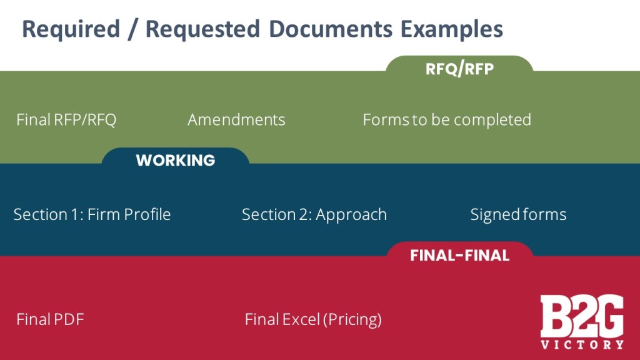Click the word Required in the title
coord(70,29)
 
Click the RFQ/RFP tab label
coord(459,69)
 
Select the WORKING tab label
coord(176,161)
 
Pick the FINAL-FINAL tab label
coord(459,255)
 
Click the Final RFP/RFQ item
coord(66,119)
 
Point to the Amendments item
coord(236,119)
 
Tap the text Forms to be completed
coord(447,119)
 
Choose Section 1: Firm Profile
coord(92,214)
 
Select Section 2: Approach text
coord(314,214)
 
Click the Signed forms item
coord(518,214)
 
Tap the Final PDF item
coord(50,319)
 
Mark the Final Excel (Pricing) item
coord(313,319)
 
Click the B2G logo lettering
coord(582,316)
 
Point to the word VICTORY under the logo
coord(582,344)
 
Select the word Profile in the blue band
coord(147,214)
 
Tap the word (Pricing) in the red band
coord(352,319)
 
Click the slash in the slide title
coord(131,29)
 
